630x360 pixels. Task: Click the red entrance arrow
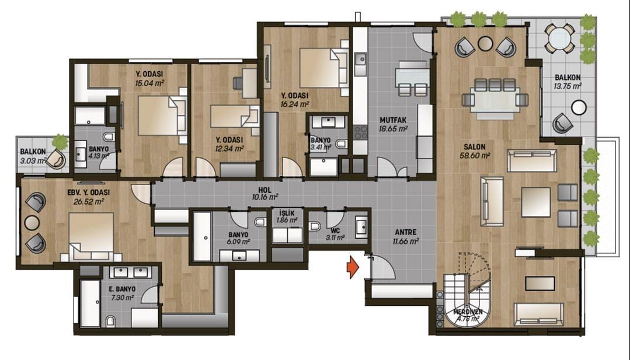coord(352,267)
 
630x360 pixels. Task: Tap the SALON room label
coord(475,147)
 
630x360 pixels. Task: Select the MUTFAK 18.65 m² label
coord(394,124)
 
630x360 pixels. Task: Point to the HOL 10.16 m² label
coord(264,194)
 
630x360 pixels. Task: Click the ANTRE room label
coord(405,232)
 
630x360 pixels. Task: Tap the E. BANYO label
coord(122,289)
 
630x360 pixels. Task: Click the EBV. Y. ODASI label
coord(88,193)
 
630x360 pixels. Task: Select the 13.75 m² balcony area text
coord(568,86)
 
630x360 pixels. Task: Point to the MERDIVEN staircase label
coord(468,312)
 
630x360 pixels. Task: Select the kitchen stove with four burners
coord(360,132)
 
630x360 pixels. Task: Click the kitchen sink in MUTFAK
coord(361,60)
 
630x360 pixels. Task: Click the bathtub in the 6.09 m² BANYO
coord(202,237)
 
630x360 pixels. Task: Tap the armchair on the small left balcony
coord(55,160)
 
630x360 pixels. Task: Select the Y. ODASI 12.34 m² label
coord(229,144)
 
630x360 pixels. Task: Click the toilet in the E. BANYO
coord(111,321)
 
